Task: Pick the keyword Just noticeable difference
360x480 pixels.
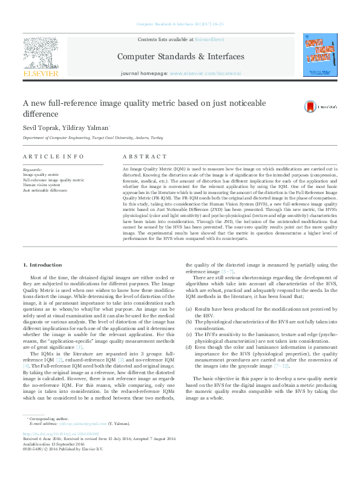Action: point(45,190)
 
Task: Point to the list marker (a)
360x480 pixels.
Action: point(189,309)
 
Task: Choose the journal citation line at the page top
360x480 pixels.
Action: point(180,24)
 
